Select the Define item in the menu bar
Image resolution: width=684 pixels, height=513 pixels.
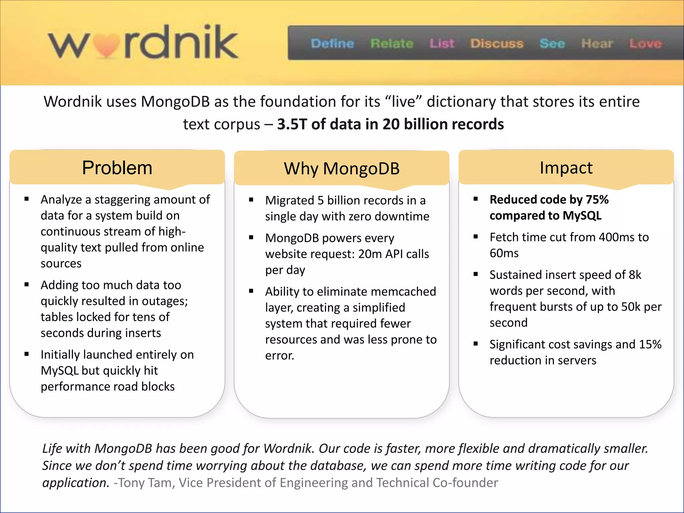[332, 43]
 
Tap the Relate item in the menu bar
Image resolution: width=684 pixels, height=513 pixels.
[392, 43]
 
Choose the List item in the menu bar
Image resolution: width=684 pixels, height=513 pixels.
[442, 43]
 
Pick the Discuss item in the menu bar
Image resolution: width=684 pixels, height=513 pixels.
[497, 43]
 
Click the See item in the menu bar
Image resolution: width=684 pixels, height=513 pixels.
[552, 43]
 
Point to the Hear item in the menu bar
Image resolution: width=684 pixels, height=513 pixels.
[597, 43]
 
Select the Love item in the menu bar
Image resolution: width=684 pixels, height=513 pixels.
[645, 43]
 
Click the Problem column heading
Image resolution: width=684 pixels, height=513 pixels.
[117, 168]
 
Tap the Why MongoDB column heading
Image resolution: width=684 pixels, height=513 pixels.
[342, 168]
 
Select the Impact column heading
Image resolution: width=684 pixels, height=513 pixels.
[566, 168]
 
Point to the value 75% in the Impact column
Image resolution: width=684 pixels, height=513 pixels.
[597, 199]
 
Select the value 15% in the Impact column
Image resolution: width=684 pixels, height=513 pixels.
[650, 344]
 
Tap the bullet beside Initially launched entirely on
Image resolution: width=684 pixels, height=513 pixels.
[27, 354]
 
